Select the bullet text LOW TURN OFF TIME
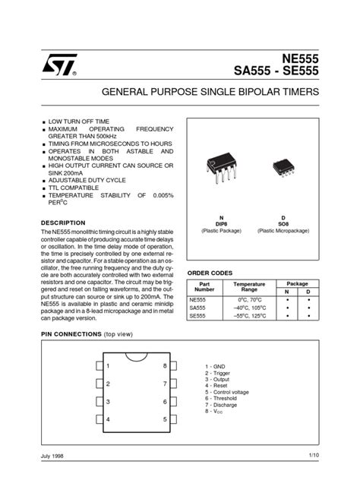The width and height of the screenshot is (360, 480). [79, 122]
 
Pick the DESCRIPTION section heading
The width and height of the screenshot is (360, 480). [68, 223]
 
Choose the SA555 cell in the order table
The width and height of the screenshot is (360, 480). [197, 308]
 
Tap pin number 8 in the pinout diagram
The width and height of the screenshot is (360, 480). [165, 366]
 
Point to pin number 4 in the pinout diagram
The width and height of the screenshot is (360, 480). [109, 419]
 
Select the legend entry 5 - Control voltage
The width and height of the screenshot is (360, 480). [227, 392]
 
